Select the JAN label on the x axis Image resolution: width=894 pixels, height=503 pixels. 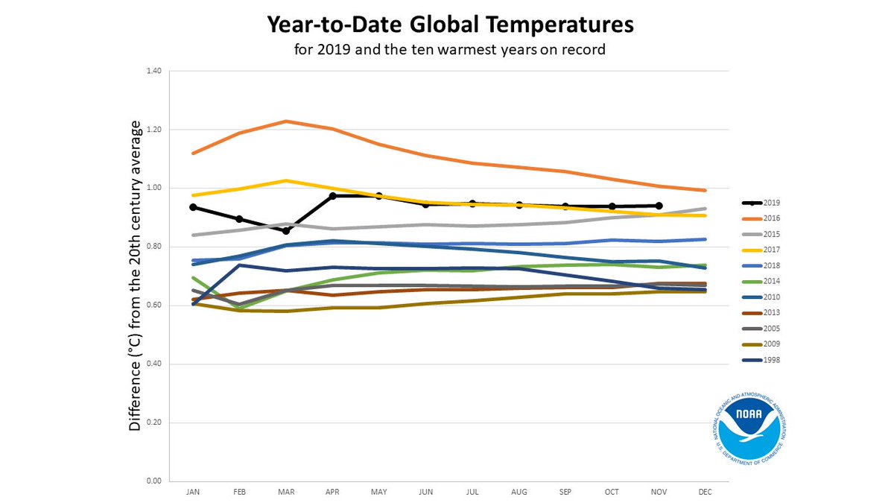193,493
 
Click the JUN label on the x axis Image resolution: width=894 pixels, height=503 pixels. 426,493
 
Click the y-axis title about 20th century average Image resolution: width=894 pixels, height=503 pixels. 135,276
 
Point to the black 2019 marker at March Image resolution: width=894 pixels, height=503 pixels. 286,231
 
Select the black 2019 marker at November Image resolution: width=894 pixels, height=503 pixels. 659,206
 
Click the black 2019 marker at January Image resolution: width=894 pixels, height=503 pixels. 193,207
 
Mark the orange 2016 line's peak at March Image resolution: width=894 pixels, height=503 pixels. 286,121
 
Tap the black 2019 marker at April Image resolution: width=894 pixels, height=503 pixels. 333,196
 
